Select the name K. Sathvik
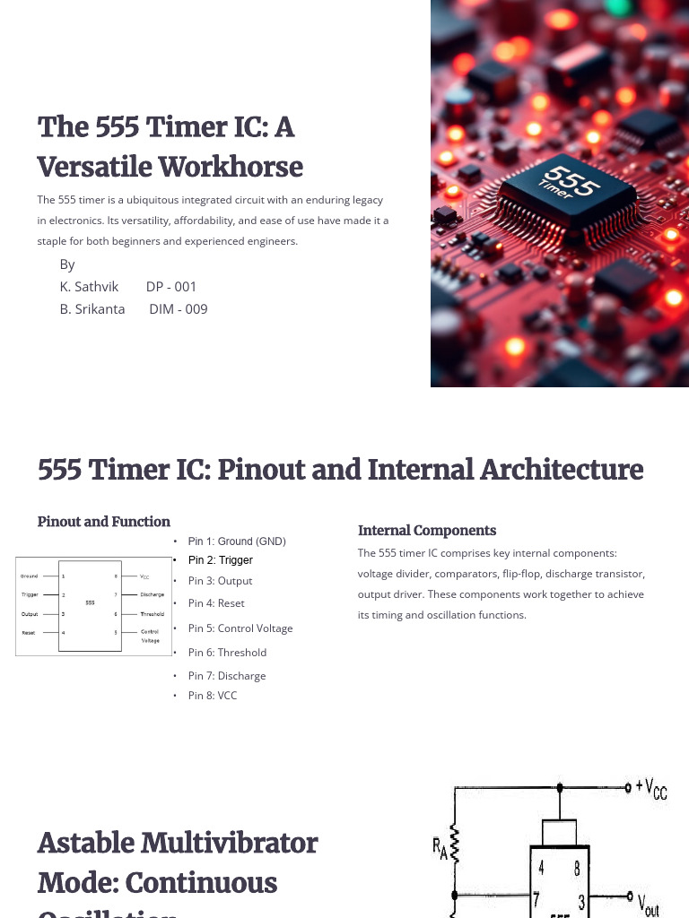(x=89, y=287)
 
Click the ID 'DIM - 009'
(x=179, y=309)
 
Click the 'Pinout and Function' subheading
(x=104, y=522)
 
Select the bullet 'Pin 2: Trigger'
(x=221, y=560)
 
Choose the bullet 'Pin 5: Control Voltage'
(x=240, y=628)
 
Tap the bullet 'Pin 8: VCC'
(x=213, y=696)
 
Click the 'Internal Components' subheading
(x=427, y=531)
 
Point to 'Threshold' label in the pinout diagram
(x=152, y=614)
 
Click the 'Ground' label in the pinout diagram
(x=30, y=576)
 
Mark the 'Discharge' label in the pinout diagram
(x=152, y=594)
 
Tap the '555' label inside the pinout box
(x=90, y=602)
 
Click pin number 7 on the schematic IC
(x=537, y=897)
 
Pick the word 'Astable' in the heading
(x=88, y=844)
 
